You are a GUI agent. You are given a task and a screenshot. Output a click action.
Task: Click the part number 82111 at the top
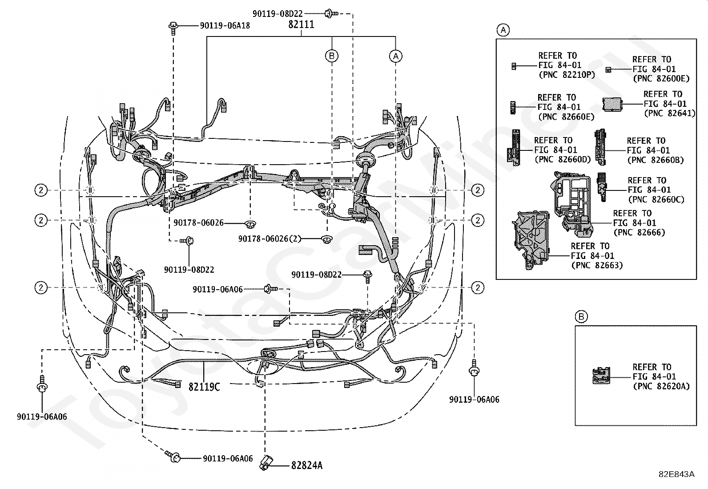click(x=301, y=24)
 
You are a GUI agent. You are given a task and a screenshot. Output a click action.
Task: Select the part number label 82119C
click(x=204, y=387)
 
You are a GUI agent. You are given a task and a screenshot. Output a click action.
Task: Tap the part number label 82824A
click(x=307, y=465)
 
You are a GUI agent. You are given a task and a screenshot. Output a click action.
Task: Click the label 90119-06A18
click(x=225, y=26)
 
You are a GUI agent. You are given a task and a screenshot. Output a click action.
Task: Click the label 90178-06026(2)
click(x=270, y=239)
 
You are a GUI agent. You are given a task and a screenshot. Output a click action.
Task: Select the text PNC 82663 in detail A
click(x=597, y=265)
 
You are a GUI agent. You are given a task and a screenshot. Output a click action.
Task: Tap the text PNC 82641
click(x=670, y=113)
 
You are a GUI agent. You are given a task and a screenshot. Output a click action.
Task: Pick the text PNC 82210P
click(x=567, y=75)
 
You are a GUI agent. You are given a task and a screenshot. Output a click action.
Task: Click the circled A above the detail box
click(x=503, y=30)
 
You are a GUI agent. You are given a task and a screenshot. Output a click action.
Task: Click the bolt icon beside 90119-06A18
click(x=173, y=28)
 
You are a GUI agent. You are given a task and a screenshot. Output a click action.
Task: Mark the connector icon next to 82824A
click(x=266, y=463)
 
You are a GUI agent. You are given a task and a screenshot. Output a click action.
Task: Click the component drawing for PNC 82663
click(x=531, y=241)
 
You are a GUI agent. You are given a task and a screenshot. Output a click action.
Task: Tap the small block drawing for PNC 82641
click(x=612, y=105)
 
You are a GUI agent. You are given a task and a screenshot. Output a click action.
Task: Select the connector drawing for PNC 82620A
click(x=601, y=376)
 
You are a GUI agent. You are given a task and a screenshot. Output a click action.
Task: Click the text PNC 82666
click(x=640, y=232)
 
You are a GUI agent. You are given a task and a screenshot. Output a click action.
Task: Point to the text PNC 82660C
click(x=656, y=200)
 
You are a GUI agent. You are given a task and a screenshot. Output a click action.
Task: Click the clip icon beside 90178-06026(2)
click(x=326, y=239)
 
